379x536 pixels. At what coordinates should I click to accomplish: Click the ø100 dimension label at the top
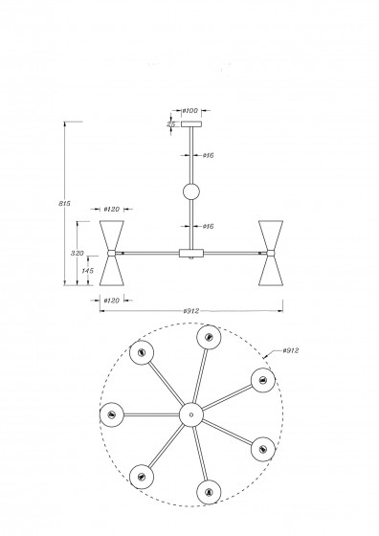pyautogui.click(x=190, y=111)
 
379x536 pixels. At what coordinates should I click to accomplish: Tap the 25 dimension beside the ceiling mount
pyautogui.click(x=171, y=124)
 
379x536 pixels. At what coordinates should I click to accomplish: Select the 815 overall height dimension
pyautogui.click(x=64, y=203)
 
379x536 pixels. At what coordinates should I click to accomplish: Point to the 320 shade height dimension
pyautogui.click(x=77, y=254)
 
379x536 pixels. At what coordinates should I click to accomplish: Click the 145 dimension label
pyautogui.click(x=87, y=271)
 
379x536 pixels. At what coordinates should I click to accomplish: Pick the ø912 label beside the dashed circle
pyautogui.click(x=291, y=350)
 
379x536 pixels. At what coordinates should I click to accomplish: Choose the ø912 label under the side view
pyautogui.click(x=191, y=311)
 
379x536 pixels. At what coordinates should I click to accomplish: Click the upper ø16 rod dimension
pyautogui.click(x=208, y=155)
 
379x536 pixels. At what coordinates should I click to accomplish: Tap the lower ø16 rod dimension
pyautogui.click(x=208, y=226)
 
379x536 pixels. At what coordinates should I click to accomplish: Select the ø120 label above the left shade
pyautogui.click(x=112, y=210)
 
